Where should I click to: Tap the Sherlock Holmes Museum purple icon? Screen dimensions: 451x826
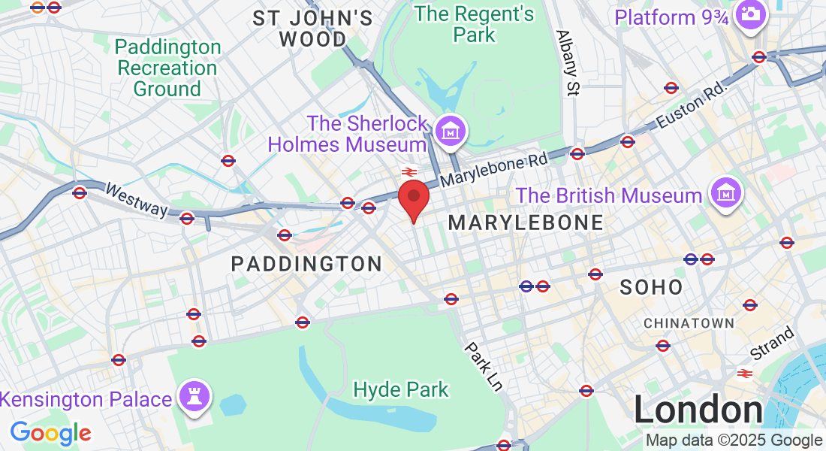pos(452,131)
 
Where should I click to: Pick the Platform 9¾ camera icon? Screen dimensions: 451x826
pos(749,14)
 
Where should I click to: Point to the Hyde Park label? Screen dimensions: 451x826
pos(401,389)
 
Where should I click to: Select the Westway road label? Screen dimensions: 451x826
pos(136,199)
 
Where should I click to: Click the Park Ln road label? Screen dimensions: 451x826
pos(483,366)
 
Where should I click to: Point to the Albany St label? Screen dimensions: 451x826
pos(568,63)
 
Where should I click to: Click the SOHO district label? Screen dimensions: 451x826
pos(652,286)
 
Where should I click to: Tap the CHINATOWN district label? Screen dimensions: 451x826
pos(689,323)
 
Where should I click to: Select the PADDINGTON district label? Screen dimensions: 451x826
pos(306,264)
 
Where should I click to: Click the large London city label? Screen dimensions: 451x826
pos(698,410)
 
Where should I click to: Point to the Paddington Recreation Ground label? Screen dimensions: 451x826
pos(167,68)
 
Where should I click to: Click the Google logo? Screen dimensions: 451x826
pos(50,433)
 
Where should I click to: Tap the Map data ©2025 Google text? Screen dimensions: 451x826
pos(734,440)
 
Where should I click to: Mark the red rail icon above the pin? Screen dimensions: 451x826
pos(409,172)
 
